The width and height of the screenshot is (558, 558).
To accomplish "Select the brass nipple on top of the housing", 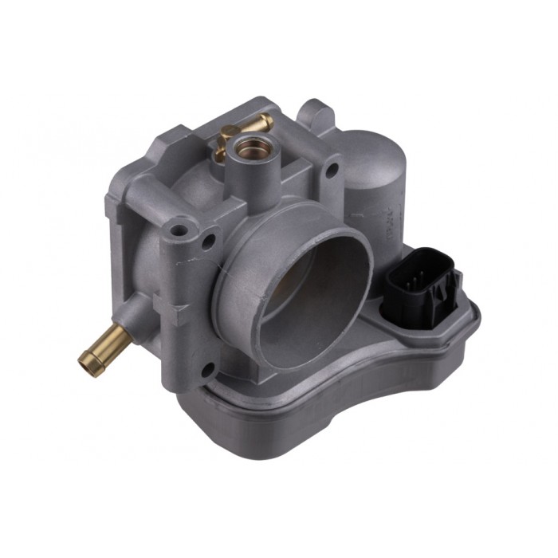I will click(257, 123).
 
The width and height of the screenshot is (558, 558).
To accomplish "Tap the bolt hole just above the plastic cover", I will click(208, 369).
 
